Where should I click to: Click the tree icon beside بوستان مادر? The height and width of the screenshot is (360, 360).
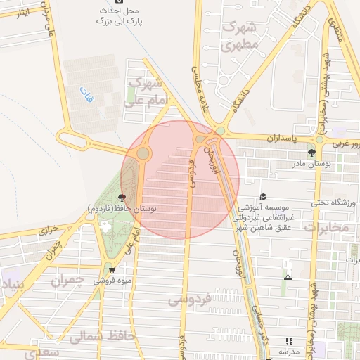pyautogui.click(x=311, y=152)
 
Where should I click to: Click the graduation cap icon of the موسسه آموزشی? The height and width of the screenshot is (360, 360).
pyautogui.click(x=263, y=197)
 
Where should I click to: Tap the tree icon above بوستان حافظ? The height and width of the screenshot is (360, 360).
pyautogui.click(x=122, y=198)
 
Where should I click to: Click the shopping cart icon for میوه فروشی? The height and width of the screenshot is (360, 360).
pyautogui.click(x=110, y=269)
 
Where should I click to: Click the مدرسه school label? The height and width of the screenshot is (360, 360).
pyautogui.click(x=289, y=351)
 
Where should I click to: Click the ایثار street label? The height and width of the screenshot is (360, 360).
pyautogui.click(x=22, y=13)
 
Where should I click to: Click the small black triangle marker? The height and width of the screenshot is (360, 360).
pyautogui.click(x=287, y=277)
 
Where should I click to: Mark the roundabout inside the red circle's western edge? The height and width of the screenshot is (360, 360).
pyautogui.click(x=143, y=153)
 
